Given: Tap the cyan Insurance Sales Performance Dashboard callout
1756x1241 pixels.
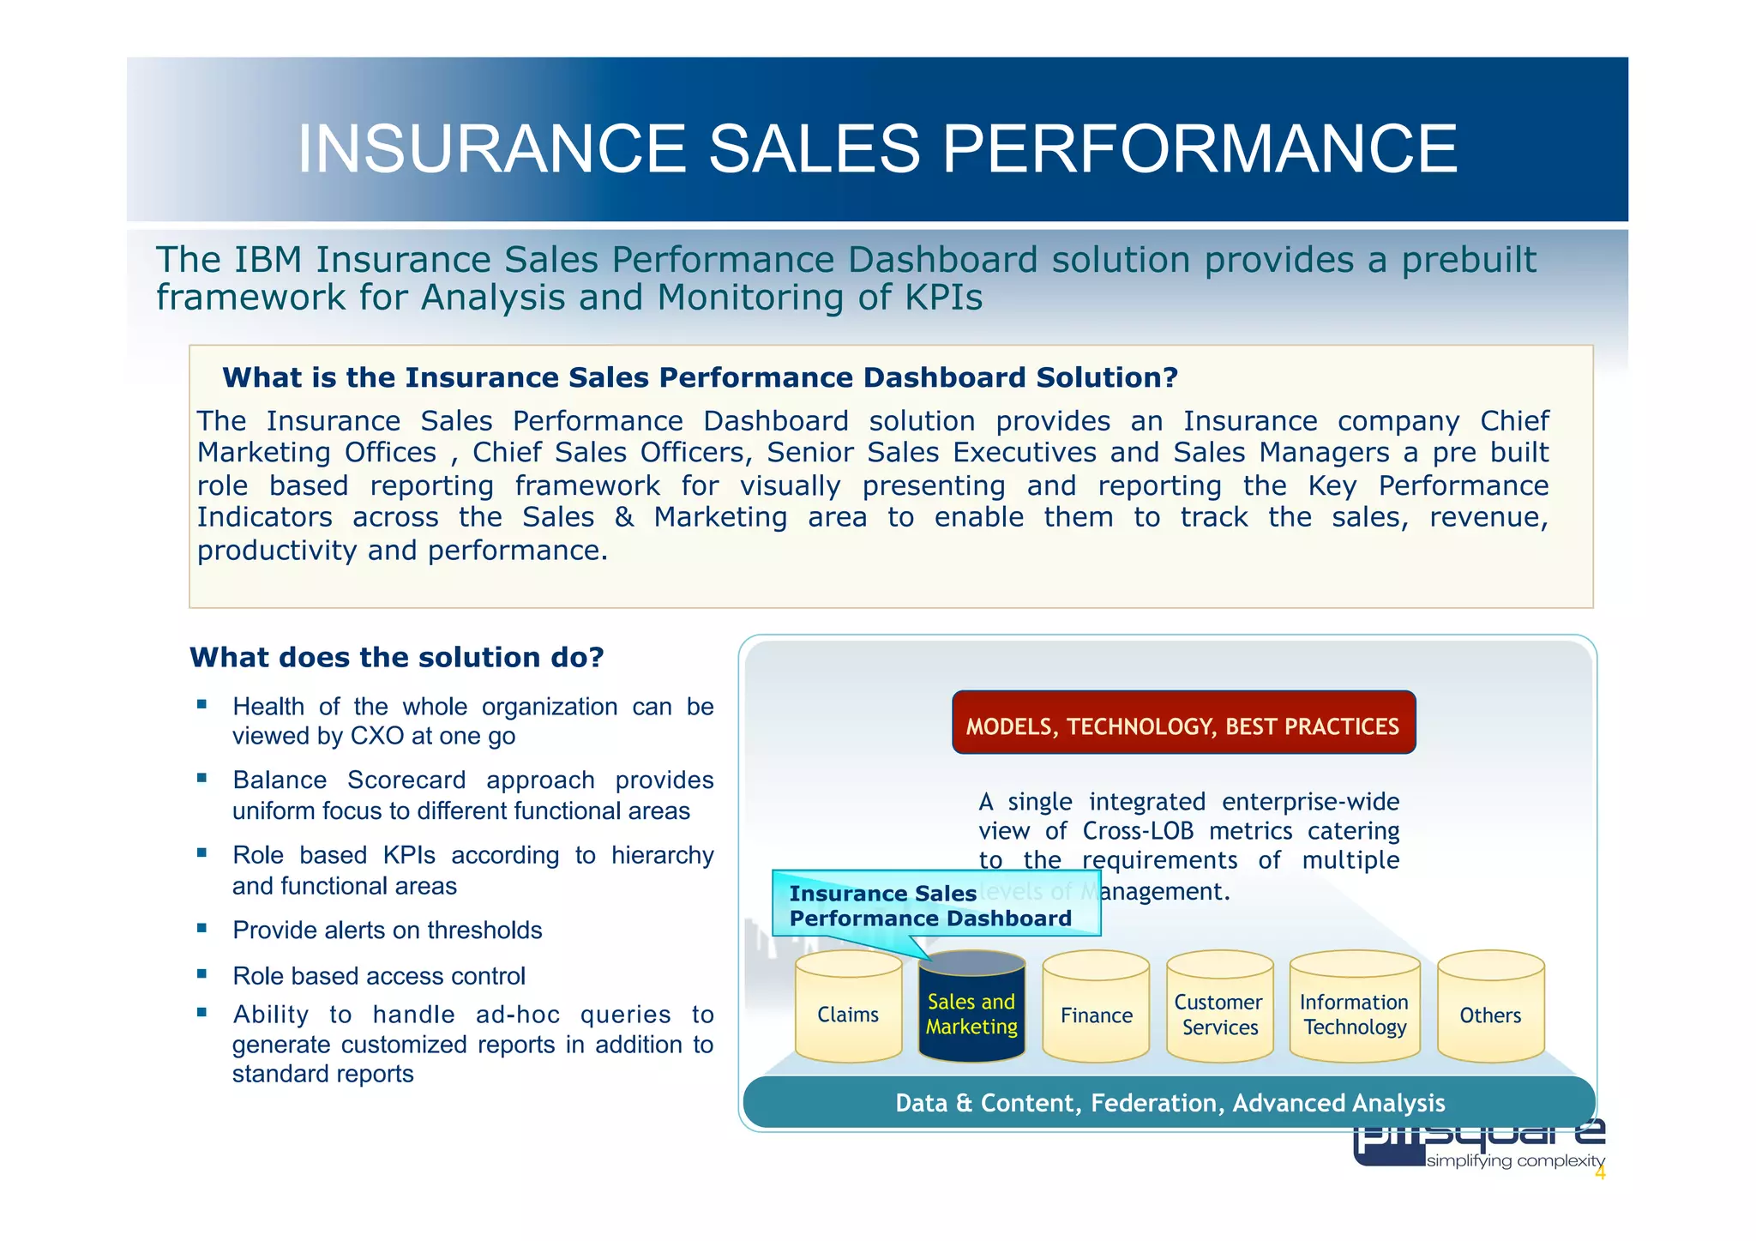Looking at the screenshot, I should click(930, 905).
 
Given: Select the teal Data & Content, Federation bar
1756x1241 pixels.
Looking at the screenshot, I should click(1169, 1102).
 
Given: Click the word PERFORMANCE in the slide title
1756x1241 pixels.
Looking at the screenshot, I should click(1200, 149).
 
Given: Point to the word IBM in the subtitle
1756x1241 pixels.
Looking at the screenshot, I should click(268, 260).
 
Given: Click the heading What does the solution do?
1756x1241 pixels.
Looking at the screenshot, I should click(396, 658).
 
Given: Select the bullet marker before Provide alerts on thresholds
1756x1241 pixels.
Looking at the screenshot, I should click(201, 928).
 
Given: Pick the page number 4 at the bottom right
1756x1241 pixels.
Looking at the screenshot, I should click(1599, 1174).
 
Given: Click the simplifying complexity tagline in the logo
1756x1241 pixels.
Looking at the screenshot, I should click(1515, 1161).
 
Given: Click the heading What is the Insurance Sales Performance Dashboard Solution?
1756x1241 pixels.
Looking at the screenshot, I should click(700, 377).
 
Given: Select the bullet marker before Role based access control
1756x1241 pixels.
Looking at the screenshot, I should click(201, 973).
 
